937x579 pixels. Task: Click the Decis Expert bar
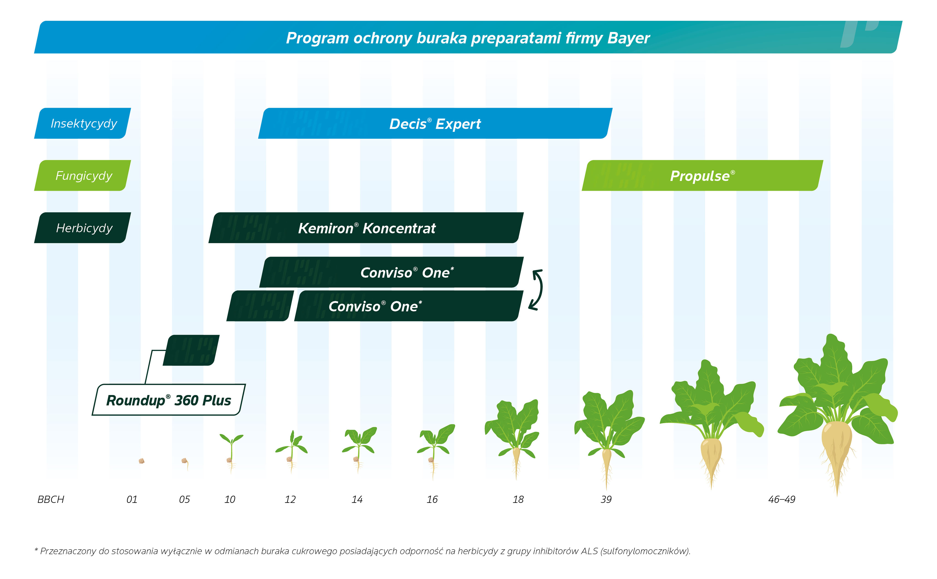(435, 123)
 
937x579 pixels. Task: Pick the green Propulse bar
(702, 175)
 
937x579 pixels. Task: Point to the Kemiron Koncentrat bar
(366, 228)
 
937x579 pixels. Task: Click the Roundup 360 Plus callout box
(169, 400)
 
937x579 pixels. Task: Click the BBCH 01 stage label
(132, 499)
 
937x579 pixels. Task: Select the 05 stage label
(184, 499)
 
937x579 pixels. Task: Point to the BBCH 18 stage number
(518, 499)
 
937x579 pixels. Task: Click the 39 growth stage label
(606, 499)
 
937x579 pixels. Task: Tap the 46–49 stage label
(782, 499)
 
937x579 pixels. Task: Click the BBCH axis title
(50, 499)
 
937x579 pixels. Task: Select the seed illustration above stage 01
(141, 461)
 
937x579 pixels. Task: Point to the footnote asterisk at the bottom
(36, 550)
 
